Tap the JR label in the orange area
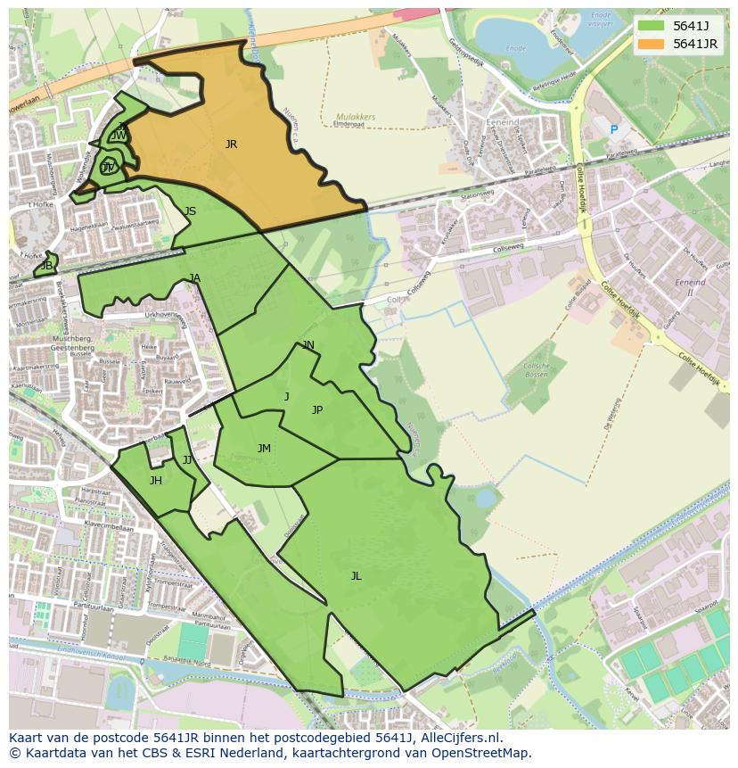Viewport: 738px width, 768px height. coord(231,144)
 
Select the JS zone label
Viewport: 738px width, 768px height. coord(190,211)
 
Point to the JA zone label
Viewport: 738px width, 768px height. coord(195,278)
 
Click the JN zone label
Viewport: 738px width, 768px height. coord(307,345)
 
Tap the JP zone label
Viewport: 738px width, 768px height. coord(316,410)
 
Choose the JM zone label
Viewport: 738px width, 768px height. coord(264,449)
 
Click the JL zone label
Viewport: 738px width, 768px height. coord(356,576)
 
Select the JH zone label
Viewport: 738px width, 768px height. coord(156,481)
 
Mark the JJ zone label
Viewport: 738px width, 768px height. coord(187,460)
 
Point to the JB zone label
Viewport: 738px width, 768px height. coord(46,266)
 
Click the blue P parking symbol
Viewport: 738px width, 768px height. coord(613,130)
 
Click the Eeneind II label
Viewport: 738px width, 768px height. coord(691,286)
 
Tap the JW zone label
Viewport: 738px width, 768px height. coord(119,136)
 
